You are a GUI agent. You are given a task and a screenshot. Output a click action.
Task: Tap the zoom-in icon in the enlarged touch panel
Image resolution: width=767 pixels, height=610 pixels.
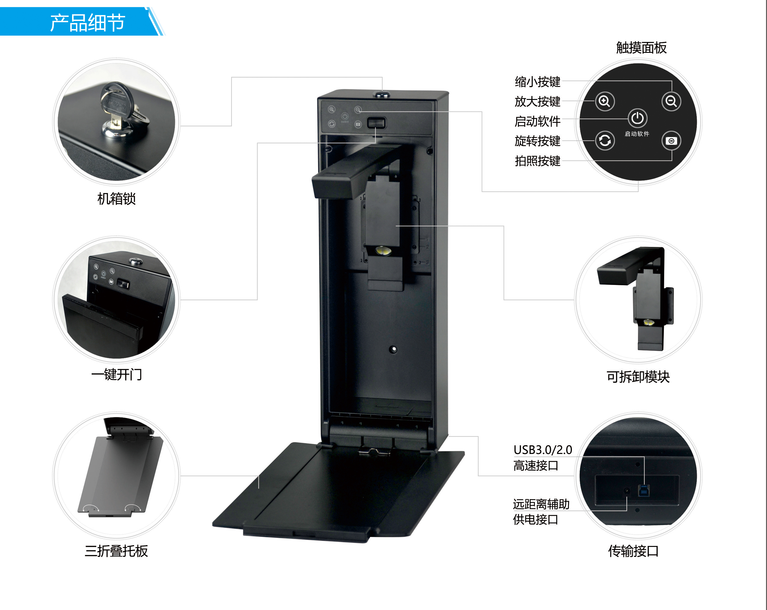pos(604,101)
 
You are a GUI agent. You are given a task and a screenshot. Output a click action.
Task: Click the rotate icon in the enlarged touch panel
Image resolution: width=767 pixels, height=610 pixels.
pos(604,141)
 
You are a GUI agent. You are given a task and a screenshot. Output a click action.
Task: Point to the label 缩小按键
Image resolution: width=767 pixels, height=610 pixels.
pos(537,82)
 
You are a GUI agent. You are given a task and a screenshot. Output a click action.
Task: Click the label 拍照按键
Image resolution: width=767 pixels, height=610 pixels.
pos(537,161)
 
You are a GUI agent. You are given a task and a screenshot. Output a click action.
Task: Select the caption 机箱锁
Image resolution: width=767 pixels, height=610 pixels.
pos(116,199)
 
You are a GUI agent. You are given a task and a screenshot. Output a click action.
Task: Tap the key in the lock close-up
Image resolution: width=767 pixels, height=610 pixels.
pos(115,103)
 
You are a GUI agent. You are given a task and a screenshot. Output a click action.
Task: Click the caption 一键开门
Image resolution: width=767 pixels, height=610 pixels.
pos(116,375)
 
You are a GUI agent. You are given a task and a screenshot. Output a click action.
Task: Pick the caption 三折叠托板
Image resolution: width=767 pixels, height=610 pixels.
pos(116,551)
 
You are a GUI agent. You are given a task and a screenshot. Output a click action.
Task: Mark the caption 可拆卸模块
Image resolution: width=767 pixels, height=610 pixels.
pos(638,377)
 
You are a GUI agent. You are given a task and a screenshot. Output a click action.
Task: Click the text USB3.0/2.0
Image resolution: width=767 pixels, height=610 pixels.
pos(542,450)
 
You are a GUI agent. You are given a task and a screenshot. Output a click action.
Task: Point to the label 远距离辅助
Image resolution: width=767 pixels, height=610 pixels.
pos(541,504)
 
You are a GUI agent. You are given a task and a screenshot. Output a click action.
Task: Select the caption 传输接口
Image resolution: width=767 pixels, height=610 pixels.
pos(633,551)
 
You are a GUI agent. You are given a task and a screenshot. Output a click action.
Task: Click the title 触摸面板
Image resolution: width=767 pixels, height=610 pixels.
pos(641,48)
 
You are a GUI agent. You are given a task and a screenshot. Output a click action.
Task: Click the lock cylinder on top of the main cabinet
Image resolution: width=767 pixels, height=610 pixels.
pos(382,94)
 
